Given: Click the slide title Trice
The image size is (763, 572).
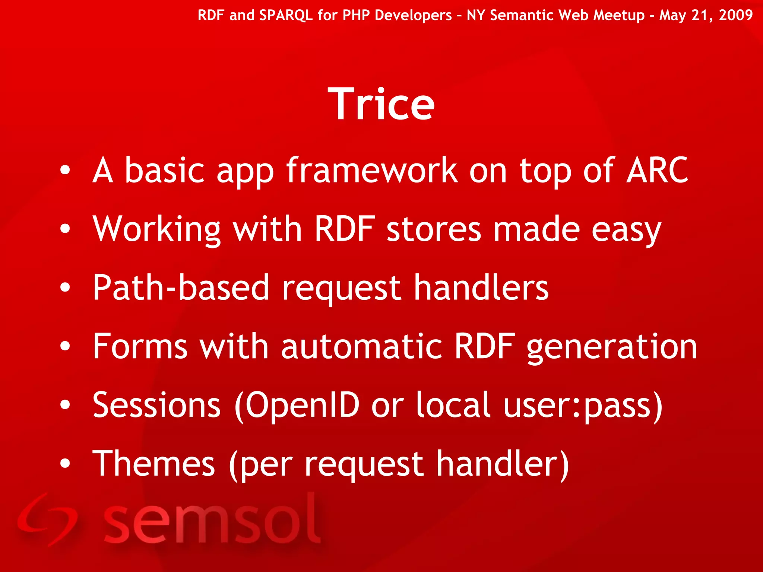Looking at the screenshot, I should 381,104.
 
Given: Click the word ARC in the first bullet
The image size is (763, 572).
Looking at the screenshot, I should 657,171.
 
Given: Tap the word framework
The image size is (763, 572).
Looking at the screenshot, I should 371,171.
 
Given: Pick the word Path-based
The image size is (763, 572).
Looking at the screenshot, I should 181,287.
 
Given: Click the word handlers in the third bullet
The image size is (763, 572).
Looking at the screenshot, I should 481,287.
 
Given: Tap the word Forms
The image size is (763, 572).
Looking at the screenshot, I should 140,347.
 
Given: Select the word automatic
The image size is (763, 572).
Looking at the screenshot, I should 361,347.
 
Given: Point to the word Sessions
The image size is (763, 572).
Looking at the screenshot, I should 157,405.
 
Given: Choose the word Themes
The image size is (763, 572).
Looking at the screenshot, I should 153,464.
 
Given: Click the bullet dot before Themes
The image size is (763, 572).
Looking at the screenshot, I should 65,464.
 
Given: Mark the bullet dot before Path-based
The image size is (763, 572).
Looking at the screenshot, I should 65,287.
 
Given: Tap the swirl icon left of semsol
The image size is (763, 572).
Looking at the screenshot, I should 47,520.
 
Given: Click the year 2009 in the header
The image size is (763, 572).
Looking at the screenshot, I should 735,15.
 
